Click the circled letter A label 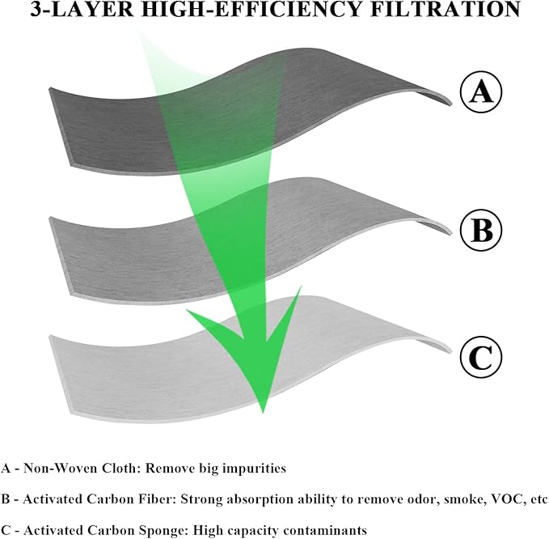point(481,91)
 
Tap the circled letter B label point(481,230)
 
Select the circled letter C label point(481,358)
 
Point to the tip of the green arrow point(263,413)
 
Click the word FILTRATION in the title point(445,10)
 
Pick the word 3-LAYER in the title point(82,10)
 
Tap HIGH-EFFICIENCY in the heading point(251,10)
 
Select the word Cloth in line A point(120,469)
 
